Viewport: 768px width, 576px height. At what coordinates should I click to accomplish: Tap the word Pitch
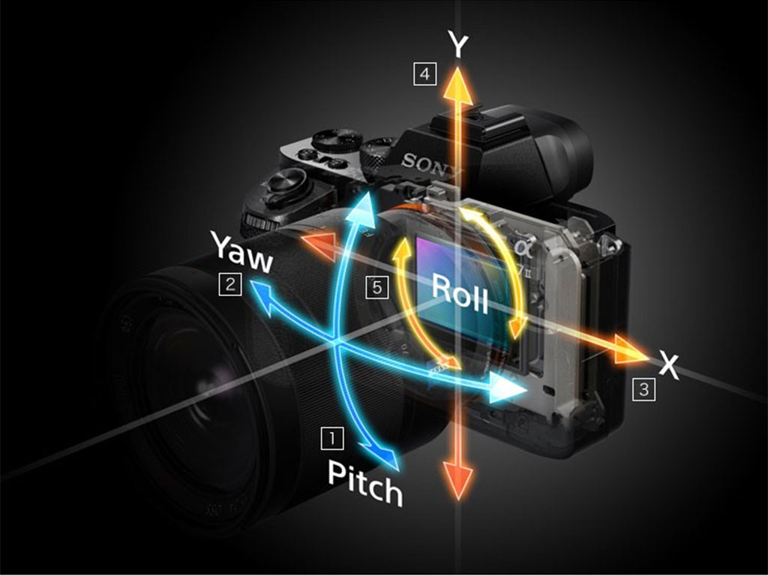coord(365,484)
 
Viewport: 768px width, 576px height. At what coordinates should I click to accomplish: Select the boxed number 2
coord(229,283)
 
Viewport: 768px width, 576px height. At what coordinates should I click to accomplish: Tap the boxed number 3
coord(643,388)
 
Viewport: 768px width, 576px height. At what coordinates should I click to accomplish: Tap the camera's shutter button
coord(286,182)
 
